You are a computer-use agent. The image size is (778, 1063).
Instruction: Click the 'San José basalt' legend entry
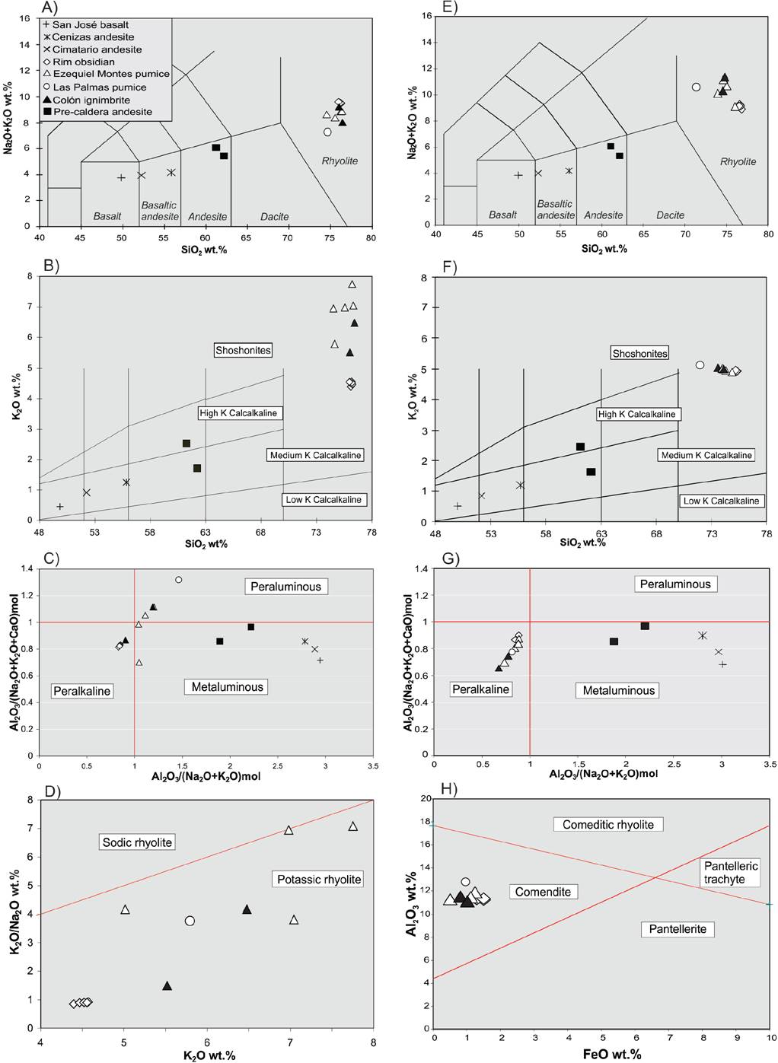pos(90,24)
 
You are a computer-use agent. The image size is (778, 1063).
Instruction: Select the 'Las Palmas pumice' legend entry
pos(99,87)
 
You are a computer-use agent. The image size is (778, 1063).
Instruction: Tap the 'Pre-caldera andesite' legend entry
pos(102,112)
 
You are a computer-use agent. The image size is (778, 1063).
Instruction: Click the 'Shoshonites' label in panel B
pos(243,350)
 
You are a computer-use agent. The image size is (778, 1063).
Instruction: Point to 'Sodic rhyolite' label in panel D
pos(138,842)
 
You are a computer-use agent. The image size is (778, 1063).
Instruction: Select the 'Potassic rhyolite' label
pos(319,879)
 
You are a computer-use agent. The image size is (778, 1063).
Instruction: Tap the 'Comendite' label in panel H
pos(543,892)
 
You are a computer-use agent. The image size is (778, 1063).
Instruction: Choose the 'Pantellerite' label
pos(678,929)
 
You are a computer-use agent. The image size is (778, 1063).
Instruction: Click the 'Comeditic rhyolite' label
pos(607,824)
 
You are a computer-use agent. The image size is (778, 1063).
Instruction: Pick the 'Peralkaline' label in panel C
pos(82,691)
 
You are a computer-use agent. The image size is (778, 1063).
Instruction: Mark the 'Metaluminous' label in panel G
pos(618,690)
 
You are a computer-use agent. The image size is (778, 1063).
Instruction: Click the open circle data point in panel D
pos(190,921)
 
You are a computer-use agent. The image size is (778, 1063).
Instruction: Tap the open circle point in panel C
pos(179,580)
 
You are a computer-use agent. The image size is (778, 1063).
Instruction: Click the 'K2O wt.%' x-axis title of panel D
pos(209,1055)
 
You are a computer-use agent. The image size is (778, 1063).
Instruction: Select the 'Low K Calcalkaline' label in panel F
pos(721,501)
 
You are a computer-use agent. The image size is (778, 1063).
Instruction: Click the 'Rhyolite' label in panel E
pos(738,161)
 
